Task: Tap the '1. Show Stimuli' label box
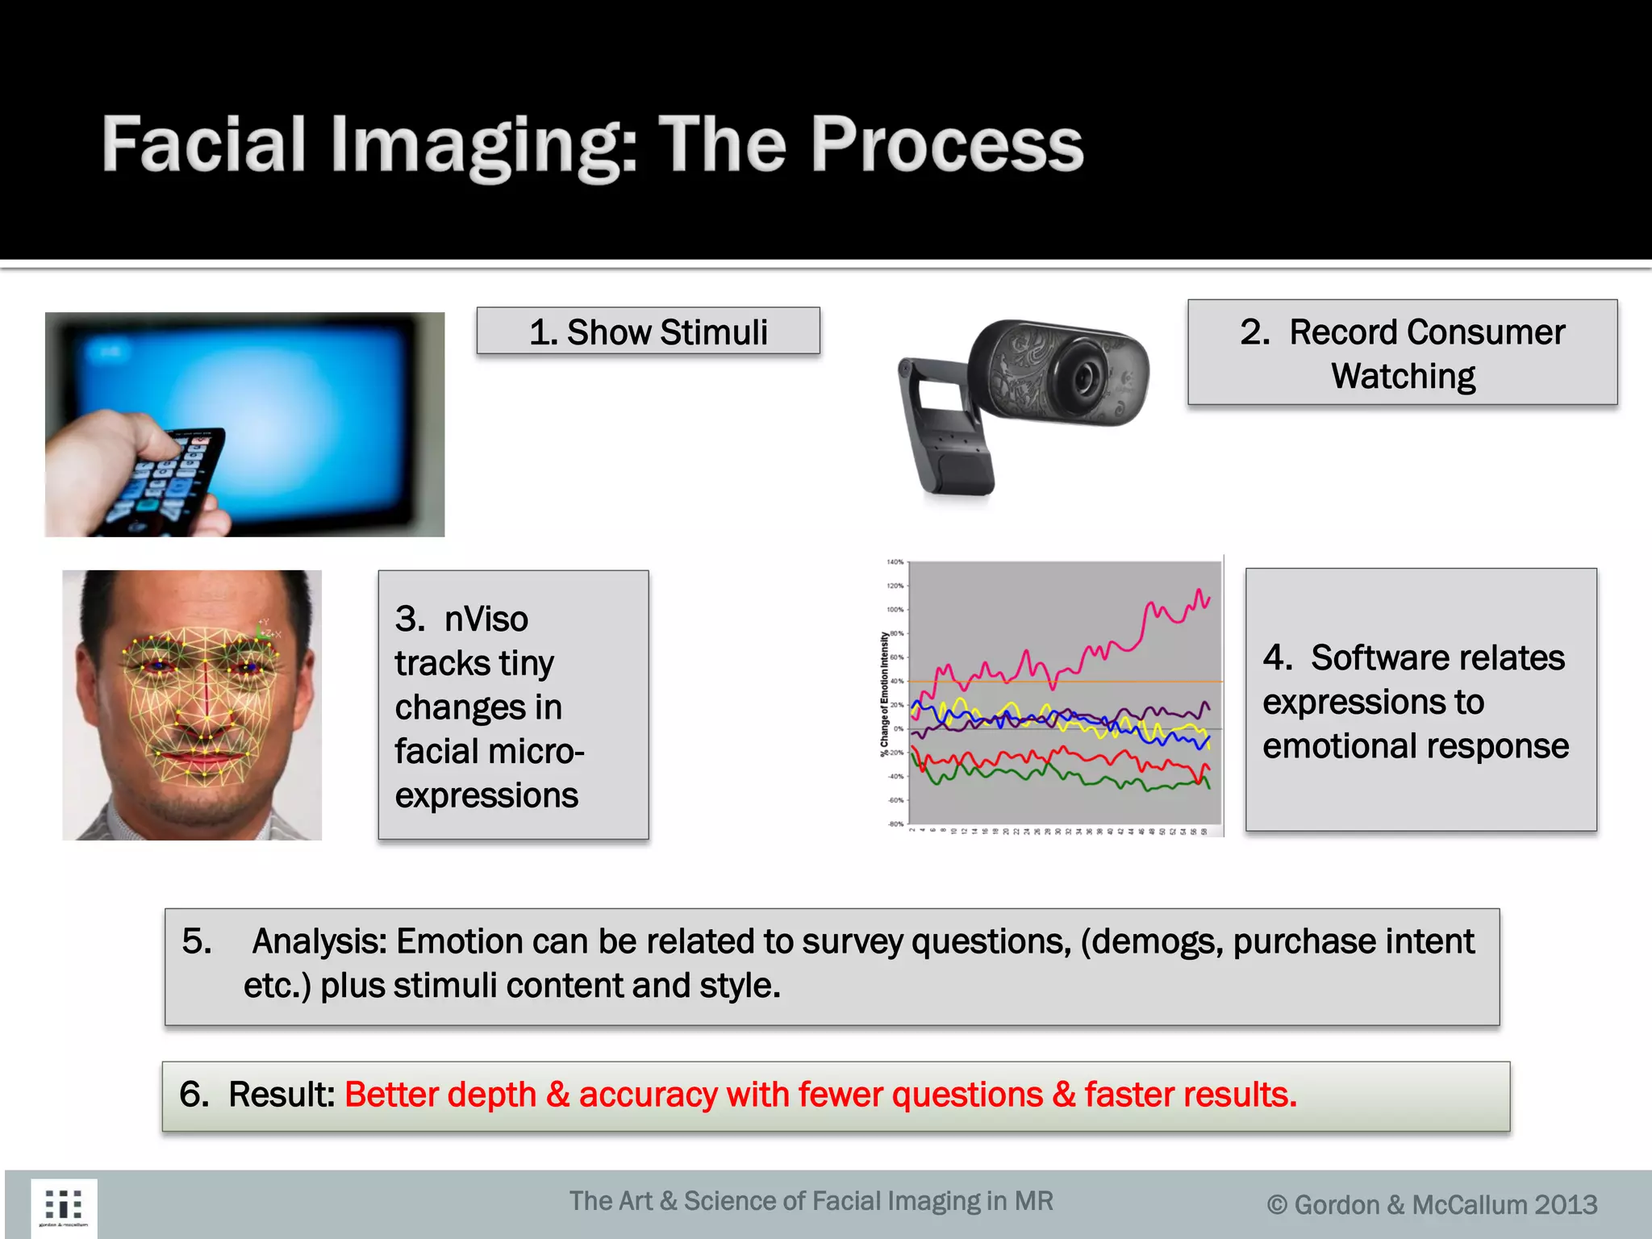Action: point(648,332)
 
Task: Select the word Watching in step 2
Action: point(1403,377)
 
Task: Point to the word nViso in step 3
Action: point(486,619)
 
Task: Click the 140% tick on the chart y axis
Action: point(895,562)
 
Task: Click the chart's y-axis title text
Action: point(884,694)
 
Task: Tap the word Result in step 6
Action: point(281,1095)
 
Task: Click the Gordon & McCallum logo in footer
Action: point(64,1207)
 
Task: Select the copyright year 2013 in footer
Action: point(1565,1205)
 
